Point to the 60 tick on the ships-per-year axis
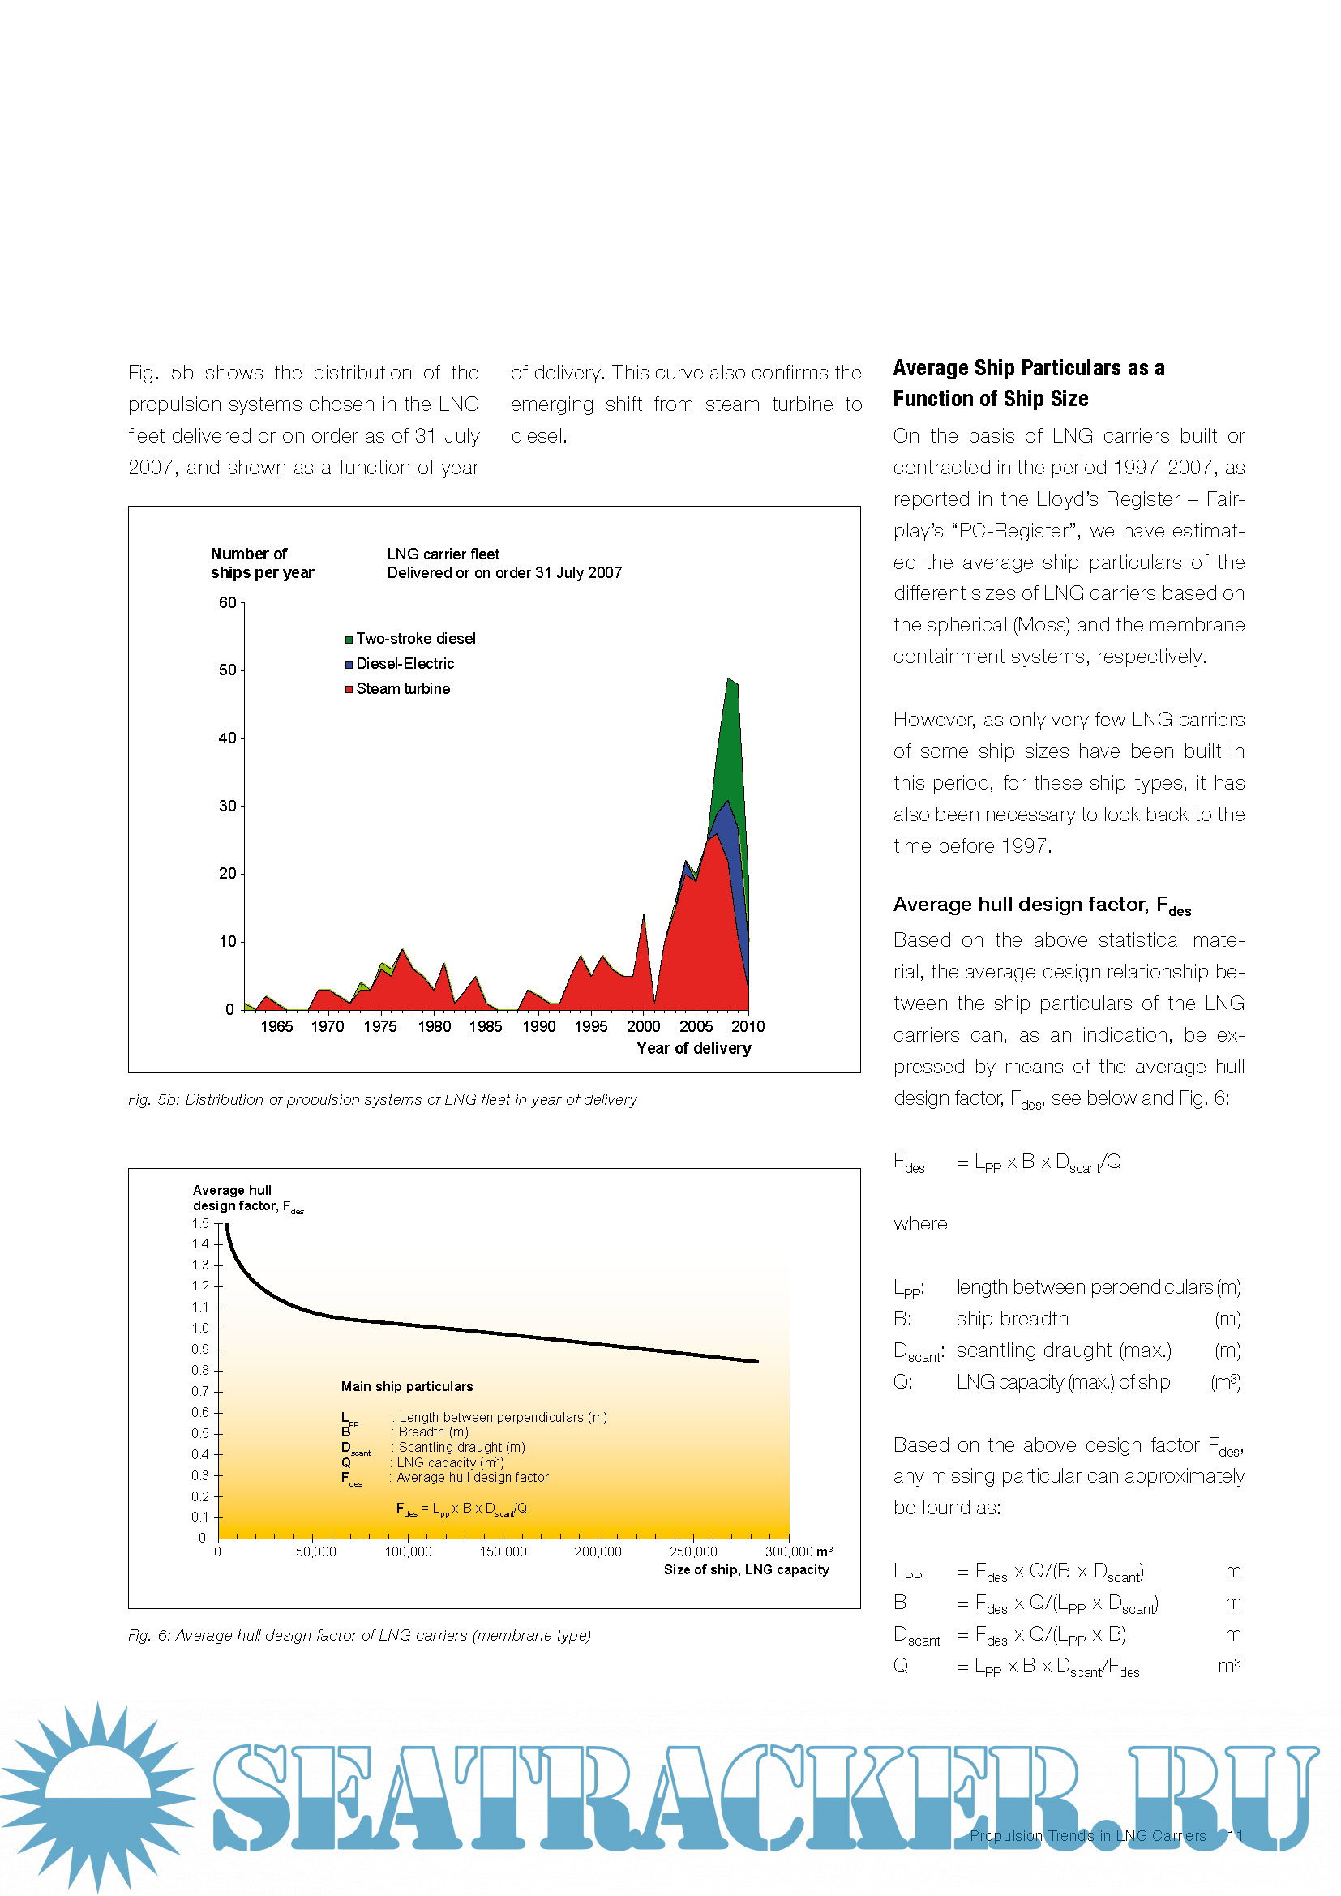tap(228, 603)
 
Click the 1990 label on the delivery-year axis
tap(538, 1026)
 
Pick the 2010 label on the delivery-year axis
tap(748, 1026)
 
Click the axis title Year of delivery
tap(694, 1049)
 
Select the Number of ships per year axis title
tap(262, 563)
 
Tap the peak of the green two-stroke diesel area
tap(728, 678)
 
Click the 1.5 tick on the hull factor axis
tap(200, 1224)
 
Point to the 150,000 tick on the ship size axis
tap(503, 1552)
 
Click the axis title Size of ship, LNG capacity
tap(747, 1570)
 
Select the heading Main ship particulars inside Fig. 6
tap(407, 1386)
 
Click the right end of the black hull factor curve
tap(757, 1362)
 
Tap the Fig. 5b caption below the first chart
tap(383, 1100)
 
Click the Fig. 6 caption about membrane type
tap(359, 1636)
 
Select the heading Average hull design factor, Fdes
tap(1042, 905)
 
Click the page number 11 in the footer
tap(1236, 1836)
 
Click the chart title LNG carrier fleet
tap(443, 554)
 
